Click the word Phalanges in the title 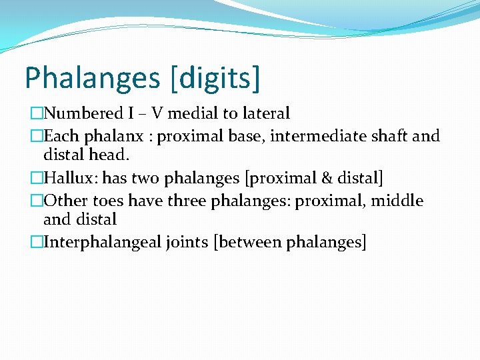[91, 78]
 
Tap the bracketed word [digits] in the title [215, 78]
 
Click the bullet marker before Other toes [37, 201]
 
